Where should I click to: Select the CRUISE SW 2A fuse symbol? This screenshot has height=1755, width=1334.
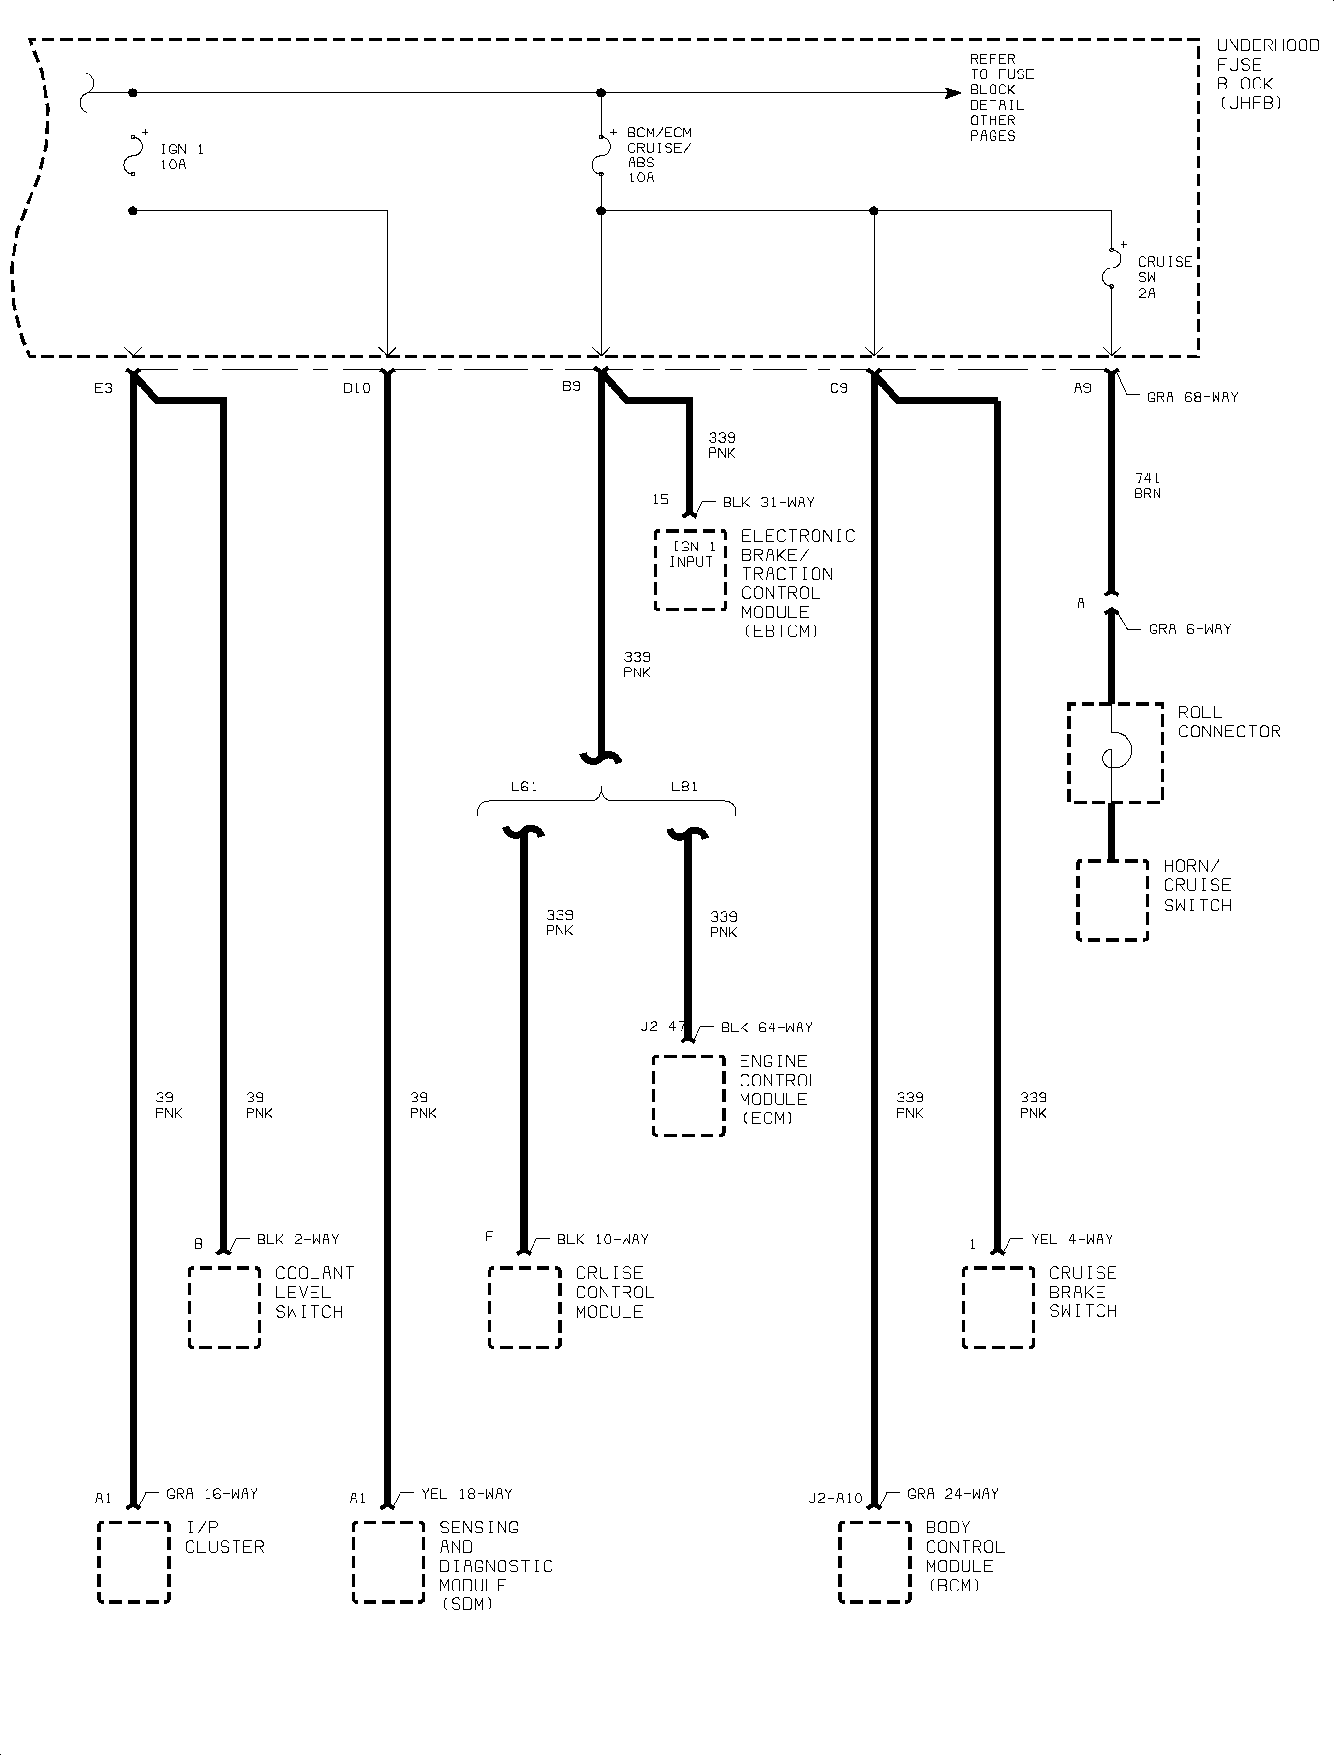[x=1112, y=268]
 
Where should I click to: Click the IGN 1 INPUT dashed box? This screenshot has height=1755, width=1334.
[x=690, y=570]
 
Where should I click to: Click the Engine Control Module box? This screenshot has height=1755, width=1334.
[x=688, y=1095]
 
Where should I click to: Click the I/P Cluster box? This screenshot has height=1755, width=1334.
[x=133, y=1562]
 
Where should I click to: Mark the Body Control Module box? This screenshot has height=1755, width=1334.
[x=874, y=1562]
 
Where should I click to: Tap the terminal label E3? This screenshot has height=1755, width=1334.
[x=103, y=388]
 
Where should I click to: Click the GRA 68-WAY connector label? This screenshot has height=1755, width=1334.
[x=1192, y=397]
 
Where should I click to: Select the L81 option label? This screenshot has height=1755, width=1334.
[x=683, y=787]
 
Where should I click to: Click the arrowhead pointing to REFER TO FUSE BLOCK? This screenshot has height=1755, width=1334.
[x=953, y=93]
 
